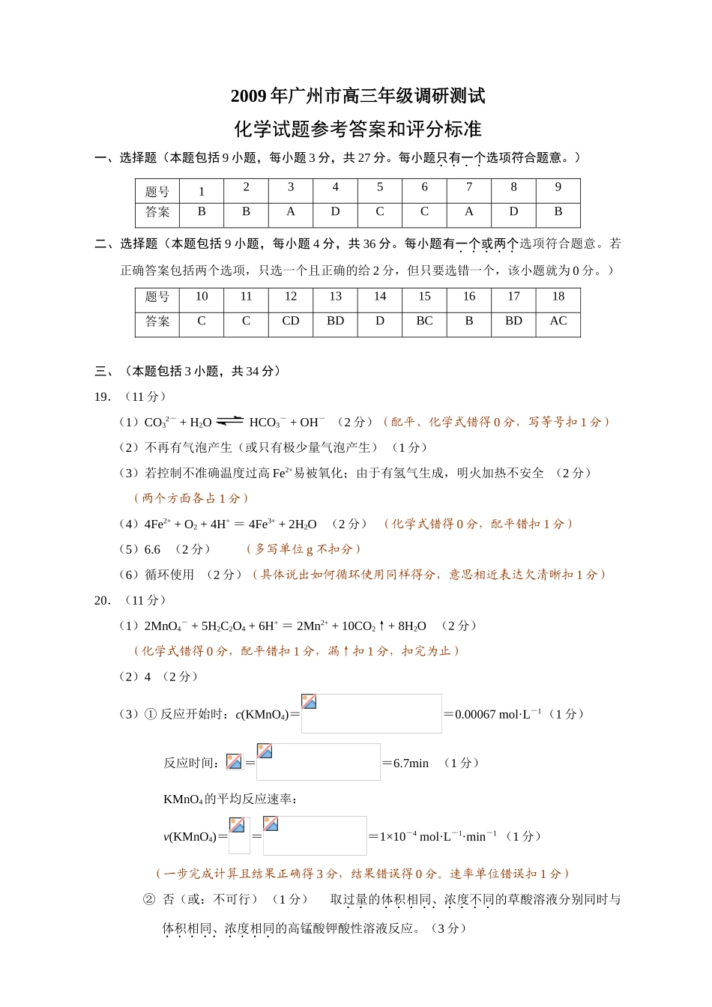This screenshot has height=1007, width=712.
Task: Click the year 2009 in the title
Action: tap(248, 96)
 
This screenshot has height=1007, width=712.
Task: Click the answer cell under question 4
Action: tap(335, 212)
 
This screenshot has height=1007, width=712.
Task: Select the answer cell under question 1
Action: tap(201, 212)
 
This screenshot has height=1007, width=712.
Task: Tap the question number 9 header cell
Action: tap(558, 188)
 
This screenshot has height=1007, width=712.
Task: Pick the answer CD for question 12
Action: tap(291, 321)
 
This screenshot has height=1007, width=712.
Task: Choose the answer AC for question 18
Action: tap(558, 321)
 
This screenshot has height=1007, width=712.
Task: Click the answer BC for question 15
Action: tap(424, 321)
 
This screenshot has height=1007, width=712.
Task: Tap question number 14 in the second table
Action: tap(380, 297)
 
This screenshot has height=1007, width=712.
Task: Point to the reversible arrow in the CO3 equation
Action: tap(230, 422)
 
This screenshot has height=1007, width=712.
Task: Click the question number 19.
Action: tap(103, 397)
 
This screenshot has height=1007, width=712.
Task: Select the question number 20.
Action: tap(103, 600)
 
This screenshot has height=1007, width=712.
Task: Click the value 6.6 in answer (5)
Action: tap(152, 550)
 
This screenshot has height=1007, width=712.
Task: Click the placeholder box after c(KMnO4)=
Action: tap(371, 713)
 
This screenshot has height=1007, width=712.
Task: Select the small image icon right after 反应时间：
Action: tap(234, 762)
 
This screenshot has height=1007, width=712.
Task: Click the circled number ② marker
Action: tap(148, 899)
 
